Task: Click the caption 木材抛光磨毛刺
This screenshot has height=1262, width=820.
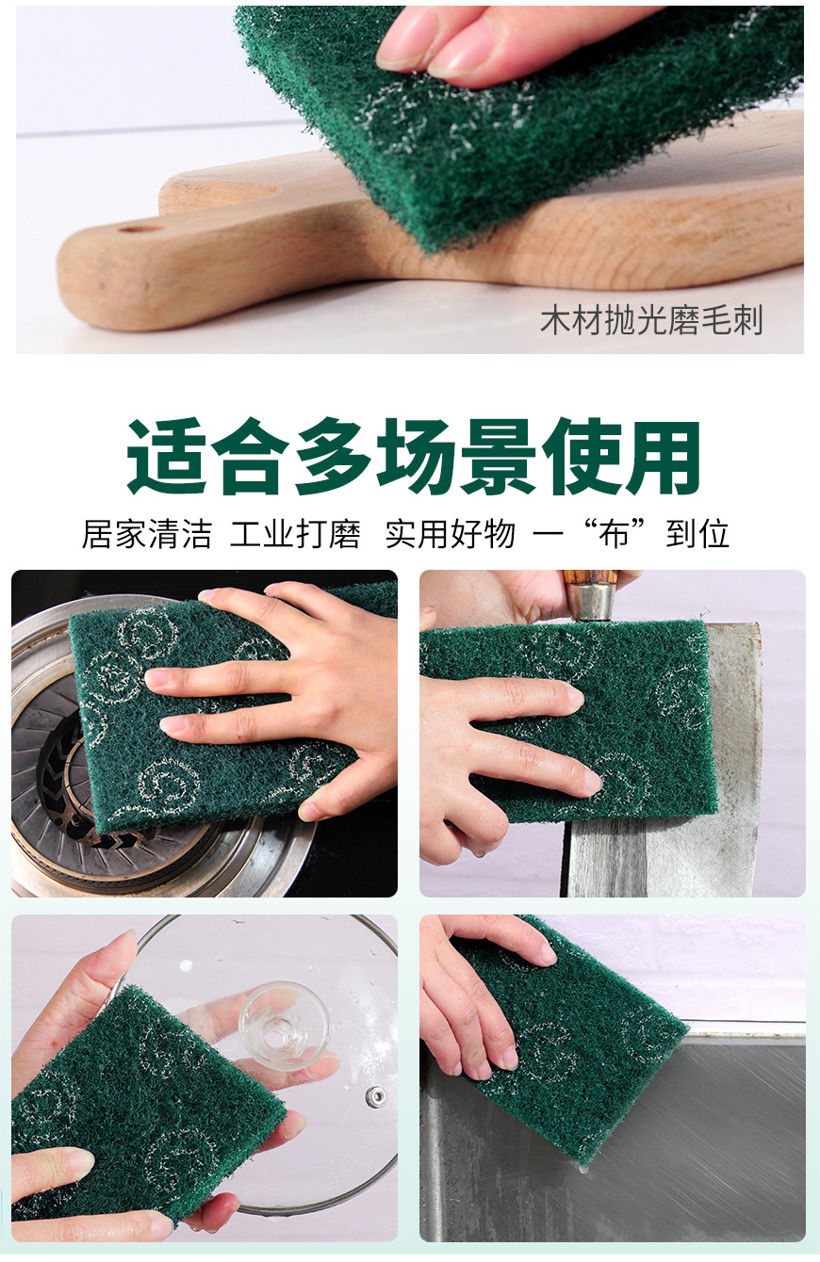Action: (x=651, y=321)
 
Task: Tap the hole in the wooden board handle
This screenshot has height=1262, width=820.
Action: (x=141, y=227)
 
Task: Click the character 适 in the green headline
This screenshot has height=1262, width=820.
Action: (x=168, y=458)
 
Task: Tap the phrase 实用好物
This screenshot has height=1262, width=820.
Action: (x=450, y=534)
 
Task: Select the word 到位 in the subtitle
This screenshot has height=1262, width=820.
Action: (x=698, y=534)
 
